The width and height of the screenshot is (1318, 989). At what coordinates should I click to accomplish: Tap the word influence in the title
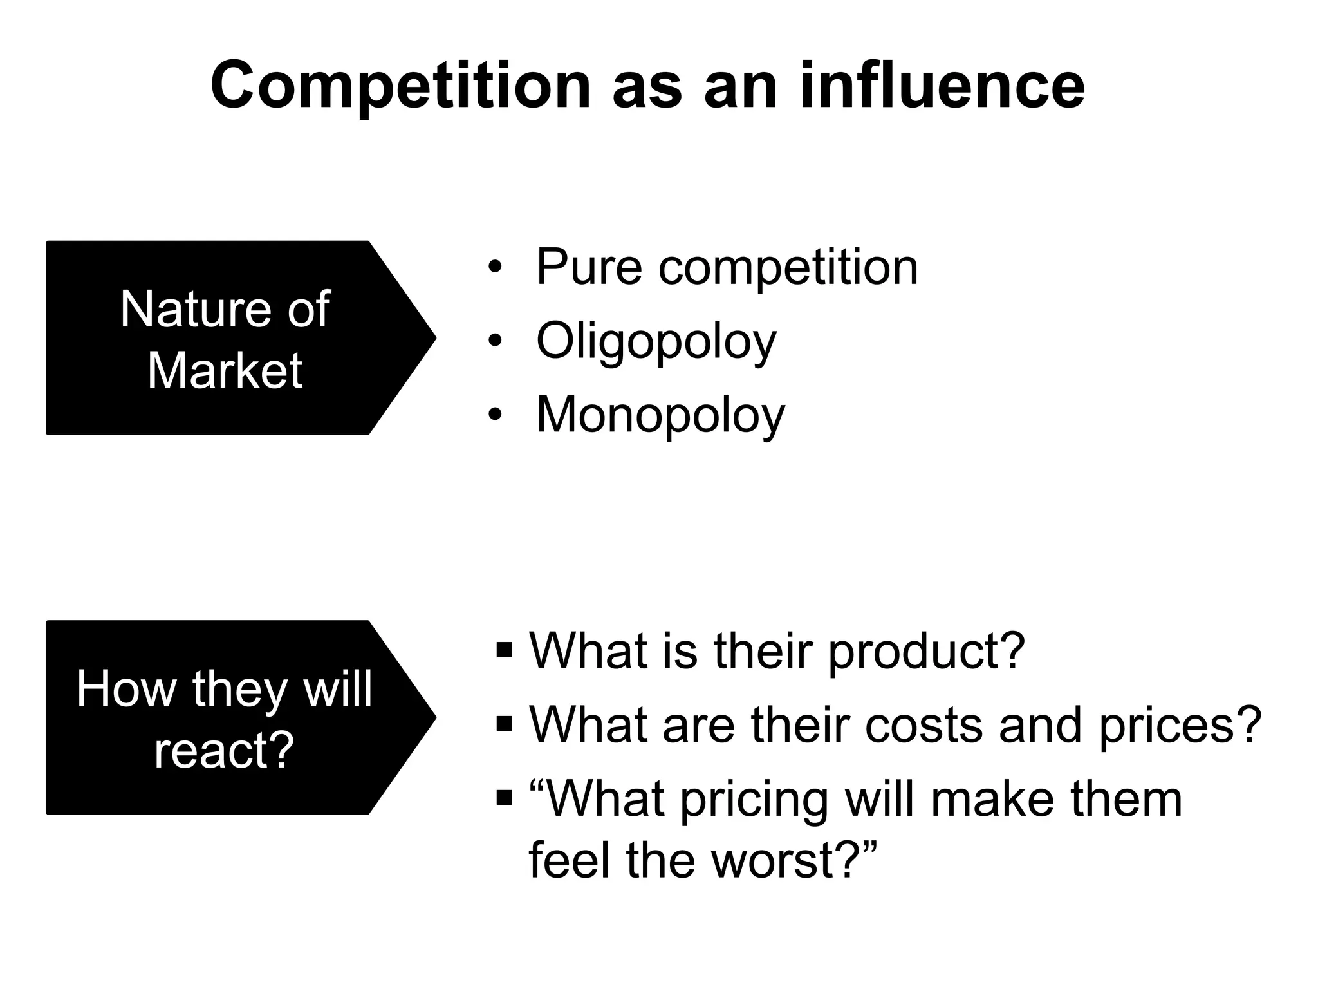[942, 86]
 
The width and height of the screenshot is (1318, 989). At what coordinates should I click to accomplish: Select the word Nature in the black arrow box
[193, 310]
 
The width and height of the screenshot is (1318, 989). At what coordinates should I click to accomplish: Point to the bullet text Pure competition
[727, 267]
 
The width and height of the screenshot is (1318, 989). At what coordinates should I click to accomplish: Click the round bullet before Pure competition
[494, 267]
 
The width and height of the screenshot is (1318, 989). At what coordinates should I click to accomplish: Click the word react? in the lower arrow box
[224, 751]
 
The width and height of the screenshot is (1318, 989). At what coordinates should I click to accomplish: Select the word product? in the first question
[926, 652]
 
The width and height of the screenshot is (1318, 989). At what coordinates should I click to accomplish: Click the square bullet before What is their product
[504, 650]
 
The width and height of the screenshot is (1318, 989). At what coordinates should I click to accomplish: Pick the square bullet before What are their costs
[504, 724]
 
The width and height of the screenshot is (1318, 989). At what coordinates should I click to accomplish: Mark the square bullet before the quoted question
[504, 798]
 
